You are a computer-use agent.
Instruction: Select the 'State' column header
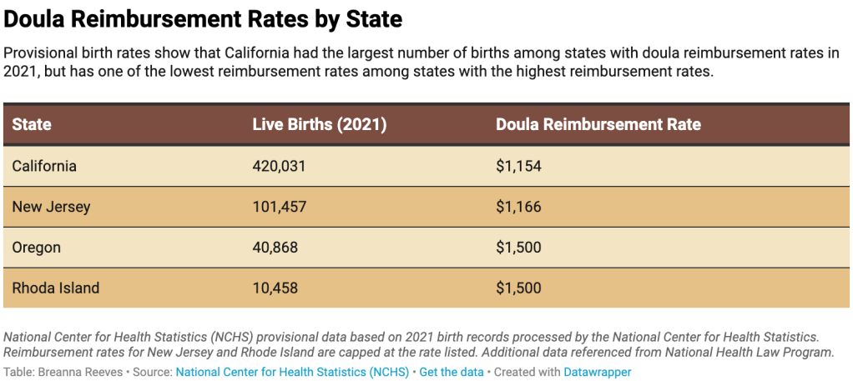pyautogui.click(x=32, y=125)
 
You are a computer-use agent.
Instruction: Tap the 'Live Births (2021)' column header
pyautogui.click(x=319, y=125)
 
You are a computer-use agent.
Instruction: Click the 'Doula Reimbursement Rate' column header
pyautogui.click(x=598, y=125)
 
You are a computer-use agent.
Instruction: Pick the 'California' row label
pyautogui.click(x=44, y=166)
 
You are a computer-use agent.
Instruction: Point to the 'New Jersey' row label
pyautogui.click(x=51, y=207)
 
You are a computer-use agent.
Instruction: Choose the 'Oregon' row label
pyautogui.click(x=37, y=248)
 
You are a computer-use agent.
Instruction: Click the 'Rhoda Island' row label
pyautogui.click(x=56, y=288)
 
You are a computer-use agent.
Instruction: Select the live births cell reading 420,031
pyautogui.click(x=279, y=166)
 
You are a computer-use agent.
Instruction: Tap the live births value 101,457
pyautogui.click(x=279, y=207)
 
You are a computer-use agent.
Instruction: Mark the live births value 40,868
pyautogui.click(x=275, y=248)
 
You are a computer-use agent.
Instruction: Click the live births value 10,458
pyautogui.click(x=275, y=288)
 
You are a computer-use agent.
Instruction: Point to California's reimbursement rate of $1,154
pyautogui.click(x=518, y=166)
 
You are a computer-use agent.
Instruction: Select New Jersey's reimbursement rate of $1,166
pyautogui.click(x=518, y=207)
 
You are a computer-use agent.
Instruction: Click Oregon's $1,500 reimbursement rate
pyautogui.click(x=518, y=248)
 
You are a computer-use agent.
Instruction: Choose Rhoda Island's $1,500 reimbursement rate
pyautogui.click(x=518, y=288)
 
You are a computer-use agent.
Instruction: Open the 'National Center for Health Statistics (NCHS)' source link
pyautogui.click(x=292, y=372)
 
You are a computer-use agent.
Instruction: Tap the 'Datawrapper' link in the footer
pyautogui.click(x=598, y=372)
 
